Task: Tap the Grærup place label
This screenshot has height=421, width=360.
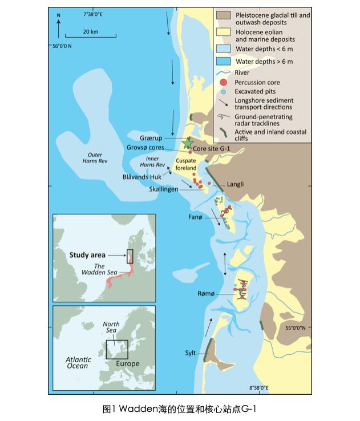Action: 152,138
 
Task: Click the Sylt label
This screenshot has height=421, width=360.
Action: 190,353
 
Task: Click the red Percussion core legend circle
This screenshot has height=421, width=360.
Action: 224,82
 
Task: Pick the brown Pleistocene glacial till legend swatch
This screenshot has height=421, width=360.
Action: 224,16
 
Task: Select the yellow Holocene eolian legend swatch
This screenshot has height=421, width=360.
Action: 224,36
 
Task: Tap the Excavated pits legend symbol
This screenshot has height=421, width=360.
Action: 224,92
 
